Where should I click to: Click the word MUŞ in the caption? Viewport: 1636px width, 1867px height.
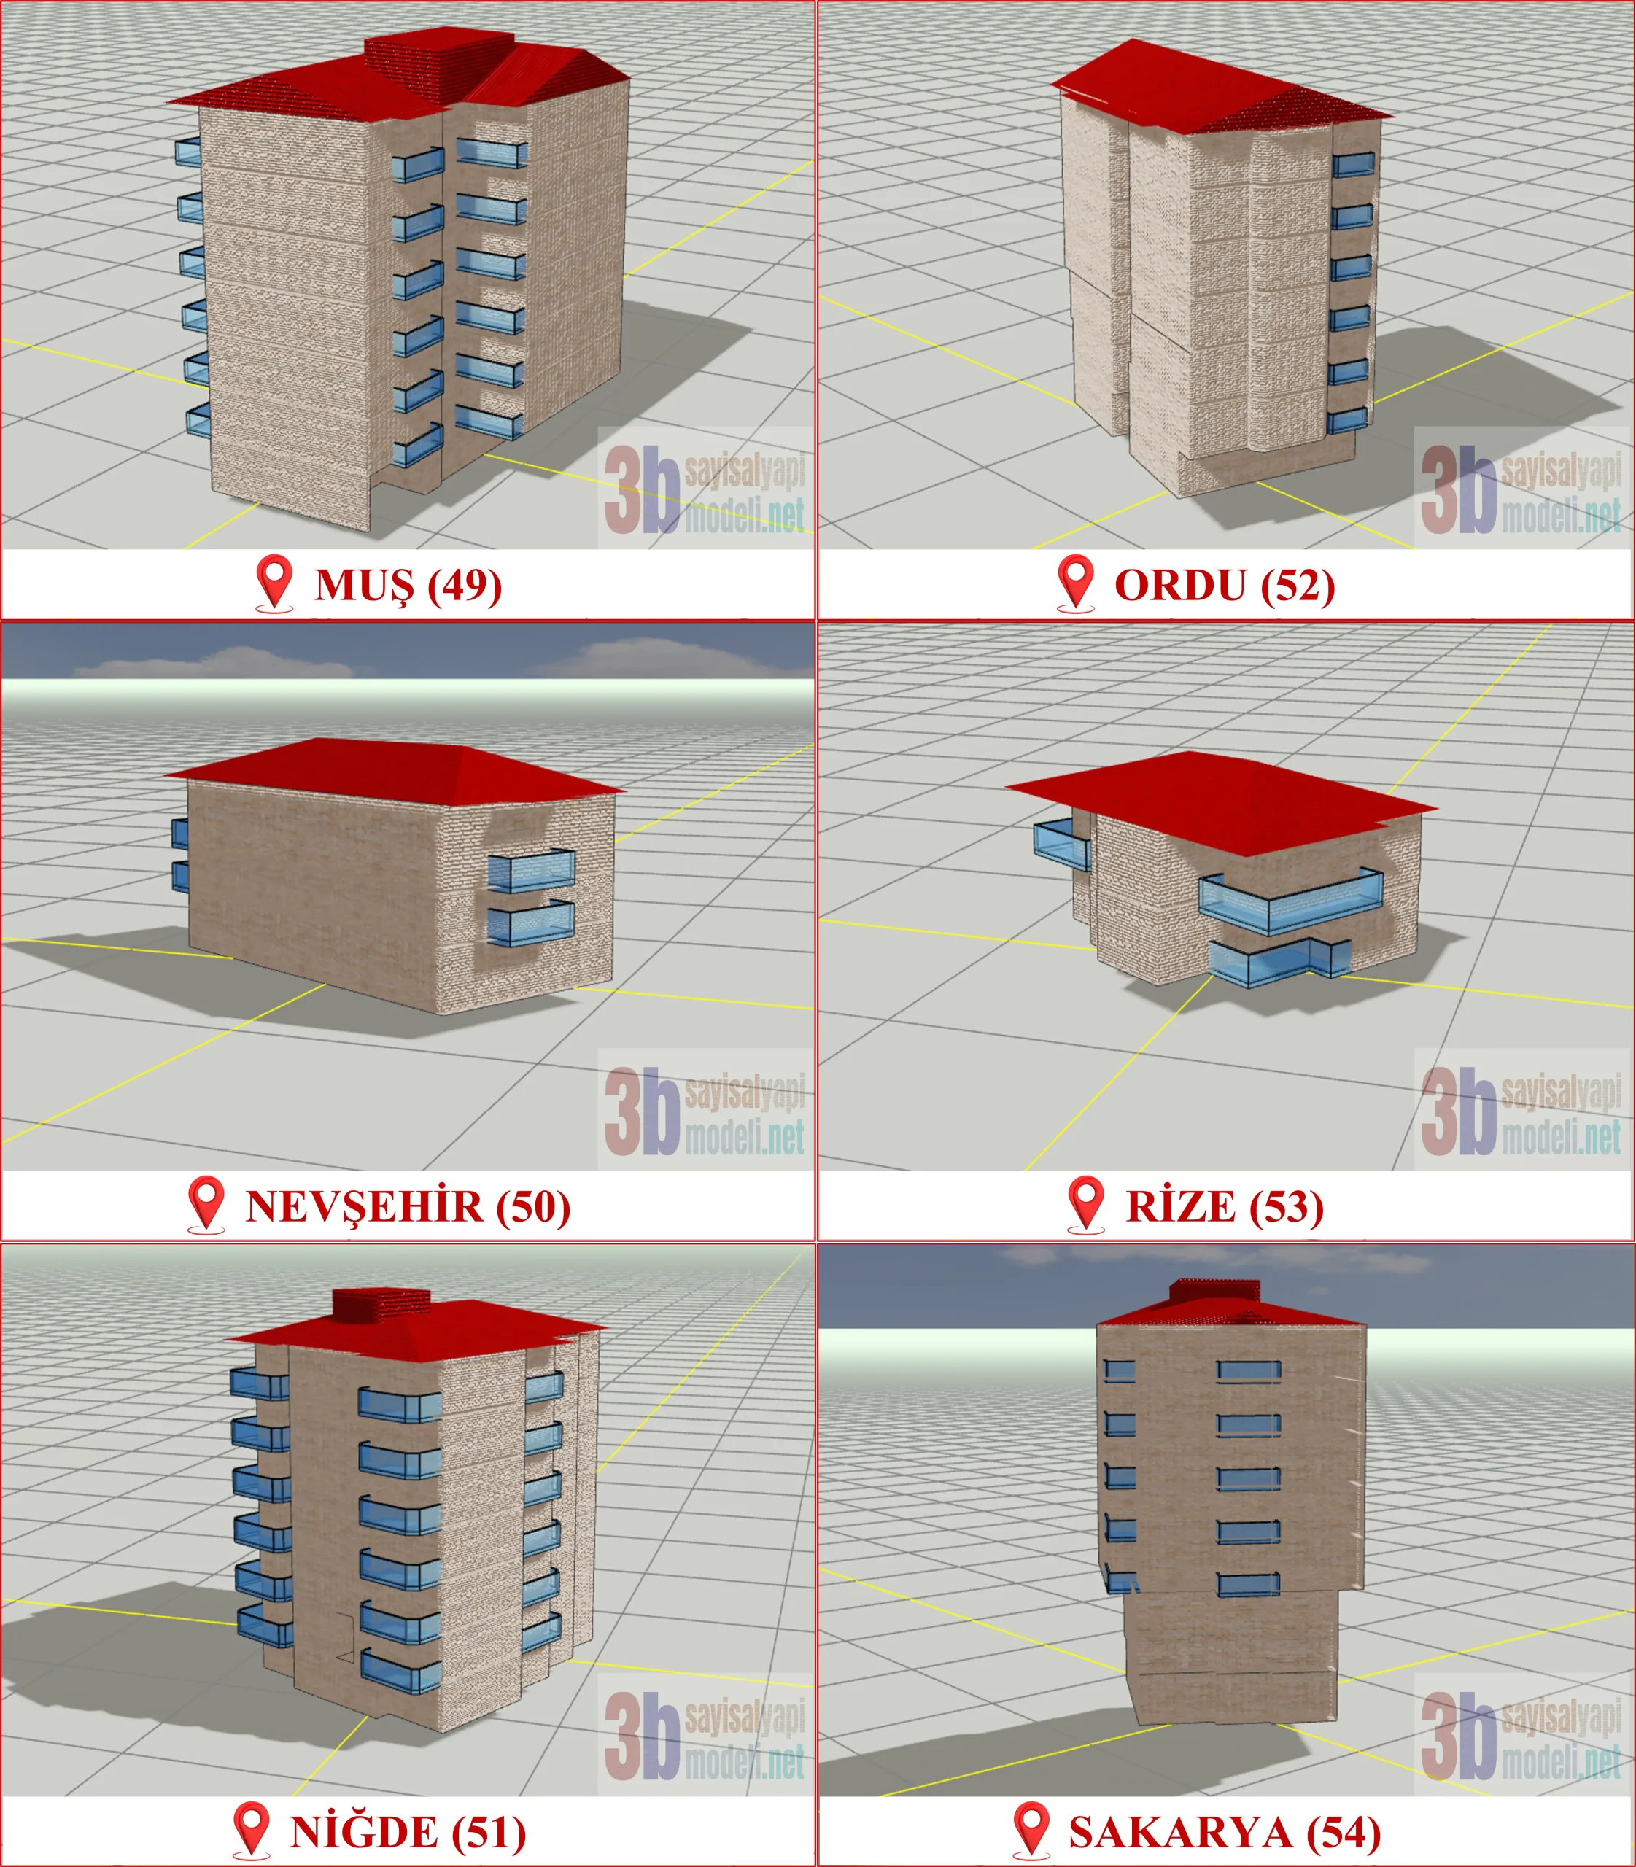[363, 585]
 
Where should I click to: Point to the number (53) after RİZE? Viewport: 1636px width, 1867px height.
[1287, 1207]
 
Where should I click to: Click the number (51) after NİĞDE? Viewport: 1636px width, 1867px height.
[489, 1832]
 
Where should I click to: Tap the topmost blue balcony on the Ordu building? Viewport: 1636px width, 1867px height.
[1352, 164]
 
